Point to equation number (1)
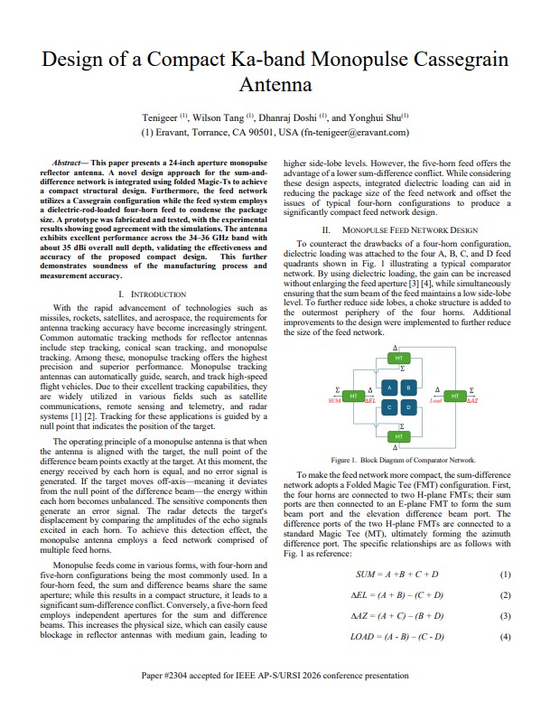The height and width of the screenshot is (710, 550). pyautogui.click(x=505, y=575)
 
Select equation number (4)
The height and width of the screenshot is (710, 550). pyautogui.click(x=505, y=637)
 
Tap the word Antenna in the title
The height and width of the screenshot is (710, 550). pyautogui.click(x=275, y=88)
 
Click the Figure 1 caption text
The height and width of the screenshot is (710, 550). pyautogui.click(x=402, y=460)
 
